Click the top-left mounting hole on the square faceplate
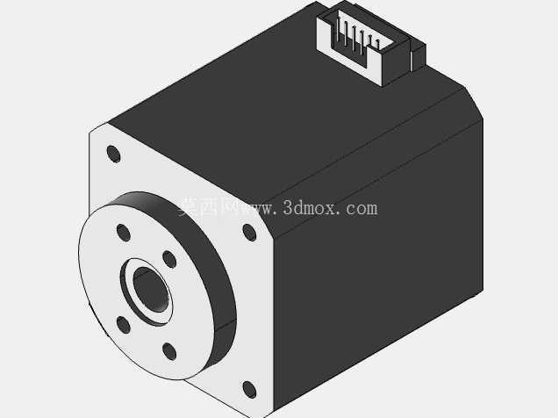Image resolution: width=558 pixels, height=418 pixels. coord(113,155)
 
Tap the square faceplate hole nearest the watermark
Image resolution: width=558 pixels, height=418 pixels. coord(249,233)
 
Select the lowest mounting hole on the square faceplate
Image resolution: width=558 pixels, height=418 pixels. coord(249,390)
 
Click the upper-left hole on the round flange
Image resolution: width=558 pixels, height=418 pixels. coord(123,233)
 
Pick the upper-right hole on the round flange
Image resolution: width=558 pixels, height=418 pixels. coord(169,259)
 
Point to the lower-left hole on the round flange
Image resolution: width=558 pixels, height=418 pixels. coord(123,325)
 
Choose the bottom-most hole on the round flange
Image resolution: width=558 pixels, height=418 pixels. coord(169,351)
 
